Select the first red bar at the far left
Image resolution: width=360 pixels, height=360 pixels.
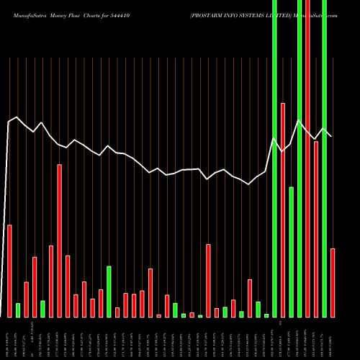coord(10,271)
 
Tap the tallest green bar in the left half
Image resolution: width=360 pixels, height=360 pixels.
coord(109,292)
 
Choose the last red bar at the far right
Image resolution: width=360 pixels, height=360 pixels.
coord(333,282)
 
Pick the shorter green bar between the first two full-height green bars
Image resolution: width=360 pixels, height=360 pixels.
coord(292,252)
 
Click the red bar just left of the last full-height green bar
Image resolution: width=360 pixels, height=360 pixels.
coord(316,229)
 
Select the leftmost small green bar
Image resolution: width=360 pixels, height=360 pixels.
coord(18,310)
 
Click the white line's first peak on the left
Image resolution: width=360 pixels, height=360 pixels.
coord(17,117)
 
